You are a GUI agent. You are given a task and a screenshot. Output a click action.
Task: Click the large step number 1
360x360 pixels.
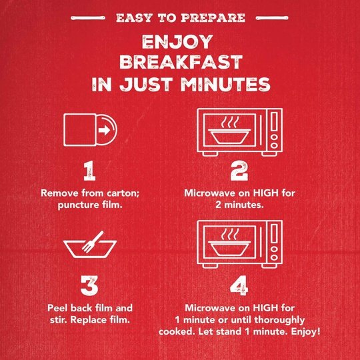[89, 171]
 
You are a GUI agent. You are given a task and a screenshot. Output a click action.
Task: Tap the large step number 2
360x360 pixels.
[239, 171]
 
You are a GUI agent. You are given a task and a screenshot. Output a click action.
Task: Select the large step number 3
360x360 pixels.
[89, 285]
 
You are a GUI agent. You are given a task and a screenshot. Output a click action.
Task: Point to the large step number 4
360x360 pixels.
[239, 285]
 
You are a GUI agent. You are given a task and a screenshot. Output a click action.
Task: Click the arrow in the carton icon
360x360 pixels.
[104, 130]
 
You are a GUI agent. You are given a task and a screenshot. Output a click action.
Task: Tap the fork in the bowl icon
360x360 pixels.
[92, 242]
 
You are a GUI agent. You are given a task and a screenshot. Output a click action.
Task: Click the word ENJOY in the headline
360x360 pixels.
[177, 41]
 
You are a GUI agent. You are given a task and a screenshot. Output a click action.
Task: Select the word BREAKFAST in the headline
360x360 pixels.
[181, 62]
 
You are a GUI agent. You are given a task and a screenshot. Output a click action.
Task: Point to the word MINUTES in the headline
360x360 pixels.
[225, 84]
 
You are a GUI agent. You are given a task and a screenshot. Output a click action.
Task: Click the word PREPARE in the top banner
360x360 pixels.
[213, 18]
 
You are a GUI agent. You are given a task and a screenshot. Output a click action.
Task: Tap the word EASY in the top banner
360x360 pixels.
[134, 18]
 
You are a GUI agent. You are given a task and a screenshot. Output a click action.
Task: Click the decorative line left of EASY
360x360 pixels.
[88, 18]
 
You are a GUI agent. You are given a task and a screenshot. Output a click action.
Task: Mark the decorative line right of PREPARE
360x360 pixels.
[272, 18]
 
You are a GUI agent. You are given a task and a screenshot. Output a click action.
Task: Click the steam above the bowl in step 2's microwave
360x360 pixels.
[229, 122]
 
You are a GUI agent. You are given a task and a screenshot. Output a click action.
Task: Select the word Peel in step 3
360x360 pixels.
[57, 308]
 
